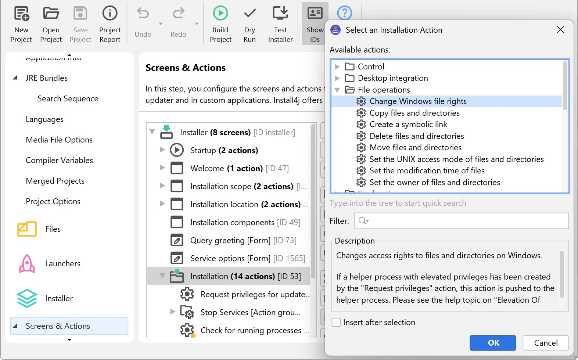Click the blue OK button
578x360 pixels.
coord(492,343)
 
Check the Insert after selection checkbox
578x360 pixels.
coord(336,323)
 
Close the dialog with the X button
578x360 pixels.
coord(560,30)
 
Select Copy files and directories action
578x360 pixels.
coord(414,113)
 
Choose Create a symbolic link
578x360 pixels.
coord(408,125)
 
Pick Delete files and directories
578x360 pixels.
coord(416,136)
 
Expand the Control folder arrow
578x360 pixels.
coord(337,67)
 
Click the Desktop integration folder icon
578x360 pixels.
coord(349,78)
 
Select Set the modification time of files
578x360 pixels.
coord(427,171)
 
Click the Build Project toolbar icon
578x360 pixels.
coord(220,14)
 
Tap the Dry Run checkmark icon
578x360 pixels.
coord(250,14)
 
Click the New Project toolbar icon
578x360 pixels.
coord(21,14)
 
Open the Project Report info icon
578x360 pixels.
coord(110,14)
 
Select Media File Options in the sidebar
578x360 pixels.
coord(59,140)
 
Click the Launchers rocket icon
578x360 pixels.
coord(27,264)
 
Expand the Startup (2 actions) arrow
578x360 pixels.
coord(162,150)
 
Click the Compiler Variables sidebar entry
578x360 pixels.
coord(59,161)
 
